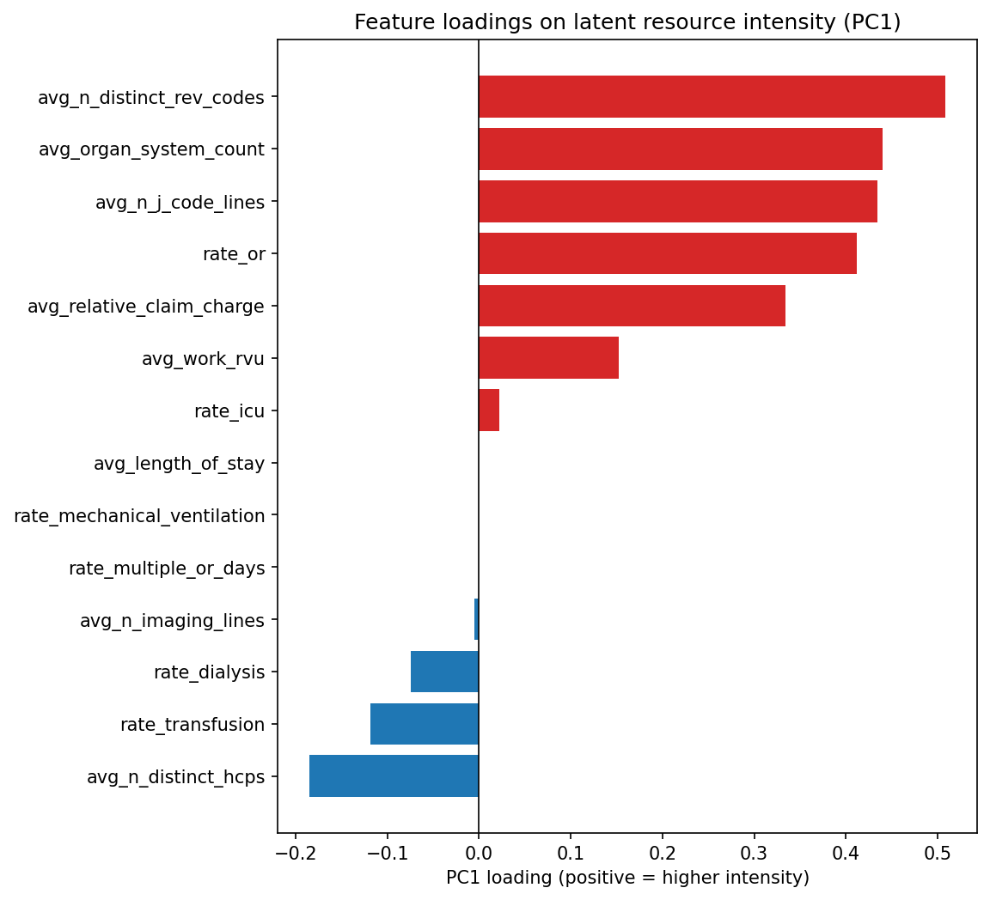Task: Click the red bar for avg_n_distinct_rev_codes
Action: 712,97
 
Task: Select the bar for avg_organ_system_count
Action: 680,149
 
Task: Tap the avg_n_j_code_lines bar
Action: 677,202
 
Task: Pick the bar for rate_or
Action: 667,253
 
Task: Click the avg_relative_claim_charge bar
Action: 632,306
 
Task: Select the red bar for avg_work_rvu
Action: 548,358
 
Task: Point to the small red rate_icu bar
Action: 489,410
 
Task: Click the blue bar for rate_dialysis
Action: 444,672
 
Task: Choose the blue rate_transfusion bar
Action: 425,724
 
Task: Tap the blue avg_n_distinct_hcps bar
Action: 394,776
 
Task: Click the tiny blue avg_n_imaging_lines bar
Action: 476,619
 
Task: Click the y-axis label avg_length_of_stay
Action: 179,464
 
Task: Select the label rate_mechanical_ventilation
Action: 139,516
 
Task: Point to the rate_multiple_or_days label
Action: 167,569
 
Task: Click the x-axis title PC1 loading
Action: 627,878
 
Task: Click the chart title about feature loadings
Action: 627,22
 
